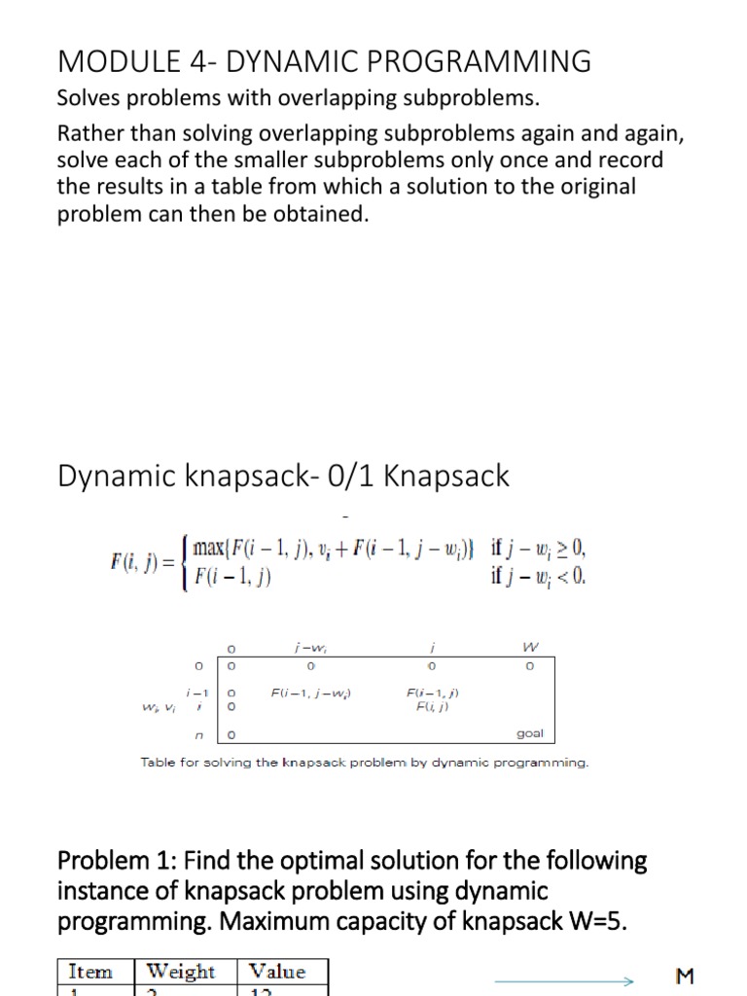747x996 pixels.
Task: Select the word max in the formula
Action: (213, 549)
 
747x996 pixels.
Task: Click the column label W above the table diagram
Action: (529, 646)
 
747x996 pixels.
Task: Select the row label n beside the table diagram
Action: (197, 734)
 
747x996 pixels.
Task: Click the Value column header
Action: (277, 972)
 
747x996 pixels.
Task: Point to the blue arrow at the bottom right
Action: (564, 980)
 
